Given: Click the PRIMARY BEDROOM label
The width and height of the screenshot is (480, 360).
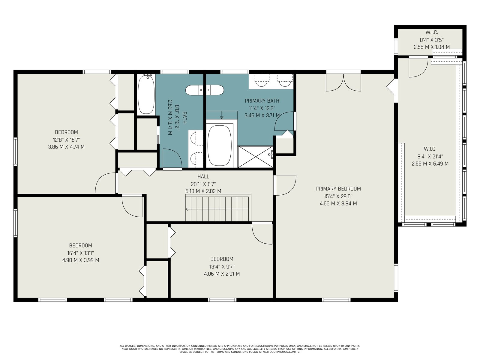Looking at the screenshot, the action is point(338,189).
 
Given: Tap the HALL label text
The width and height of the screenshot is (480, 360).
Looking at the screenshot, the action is point(203,176).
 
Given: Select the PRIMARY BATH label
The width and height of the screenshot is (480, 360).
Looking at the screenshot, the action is point(262,101).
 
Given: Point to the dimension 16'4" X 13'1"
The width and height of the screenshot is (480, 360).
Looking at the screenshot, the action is point(80,253).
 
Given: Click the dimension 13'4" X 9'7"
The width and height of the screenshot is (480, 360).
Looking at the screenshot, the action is point(222,267).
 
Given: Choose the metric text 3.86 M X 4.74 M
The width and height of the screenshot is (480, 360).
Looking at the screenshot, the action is point(66,147).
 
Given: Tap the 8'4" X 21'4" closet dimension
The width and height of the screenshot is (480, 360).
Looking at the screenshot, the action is point(430,157).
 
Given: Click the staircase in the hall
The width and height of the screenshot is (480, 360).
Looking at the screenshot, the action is point(218,208).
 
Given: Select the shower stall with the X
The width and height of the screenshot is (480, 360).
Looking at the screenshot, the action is point(255,157).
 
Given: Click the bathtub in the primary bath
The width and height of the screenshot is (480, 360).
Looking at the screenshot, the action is point(219,145).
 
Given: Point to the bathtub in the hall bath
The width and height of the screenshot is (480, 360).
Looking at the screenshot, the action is point(146,94).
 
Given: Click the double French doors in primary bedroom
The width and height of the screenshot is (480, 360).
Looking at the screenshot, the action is point(343,82).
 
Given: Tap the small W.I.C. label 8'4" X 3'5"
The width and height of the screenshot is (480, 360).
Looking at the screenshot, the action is point(431,40).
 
